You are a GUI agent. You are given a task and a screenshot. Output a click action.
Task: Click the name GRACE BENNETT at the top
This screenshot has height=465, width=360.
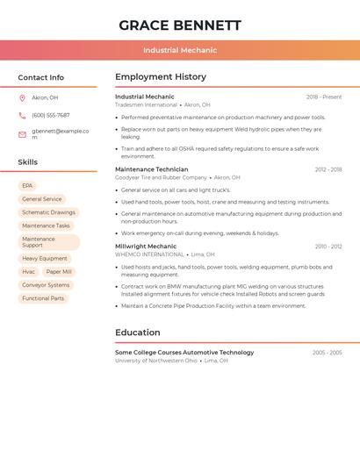(x=180, y=25)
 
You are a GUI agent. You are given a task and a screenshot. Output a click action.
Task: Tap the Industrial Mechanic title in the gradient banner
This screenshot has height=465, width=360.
(x=180, y=50)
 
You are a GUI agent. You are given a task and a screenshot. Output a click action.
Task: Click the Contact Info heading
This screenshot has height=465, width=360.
(x=41, y=77)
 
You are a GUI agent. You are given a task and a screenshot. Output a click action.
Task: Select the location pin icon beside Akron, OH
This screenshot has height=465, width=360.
(x=22, y=98)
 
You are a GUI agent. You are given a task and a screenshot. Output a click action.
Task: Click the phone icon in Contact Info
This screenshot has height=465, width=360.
(x=22, y=116)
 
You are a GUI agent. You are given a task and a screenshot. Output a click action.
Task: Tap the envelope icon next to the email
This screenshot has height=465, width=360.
(x=22, y=134)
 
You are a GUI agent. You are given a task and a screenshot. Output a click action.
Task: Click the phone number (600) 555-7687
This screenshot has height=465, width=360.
(x=51, y=116)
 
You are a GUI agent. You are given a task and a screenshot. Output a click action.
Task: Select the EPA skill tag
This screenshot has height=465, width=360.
(x=27, y=186)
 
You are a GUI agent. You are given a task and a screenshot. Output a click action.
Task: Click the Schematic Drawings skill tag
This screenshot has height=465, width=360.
(x=48, y=212)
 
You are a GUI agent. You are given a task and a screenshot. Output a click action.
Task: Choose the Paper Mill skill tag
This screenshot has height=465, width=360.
(x=59, y=272)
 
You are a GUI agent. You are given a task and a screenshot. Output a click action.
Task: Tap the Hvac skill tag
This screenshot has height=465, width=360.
(x=29, y=272)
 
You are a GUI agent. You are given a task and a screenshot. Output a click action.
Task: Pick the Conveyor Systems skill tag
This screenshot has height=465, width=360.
(x=46, y=285)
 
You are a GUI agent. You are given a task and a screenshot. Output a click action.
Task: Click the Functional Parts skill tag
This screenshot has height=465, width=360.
(x=43, y=298)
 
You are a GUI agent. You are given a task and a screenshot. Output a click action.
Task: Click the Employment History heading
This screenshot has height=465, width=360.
(x=161, y=77)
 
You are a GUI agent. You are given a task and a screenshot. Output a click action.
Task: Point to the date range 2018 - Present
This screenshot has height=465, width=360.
(x=324, y=97)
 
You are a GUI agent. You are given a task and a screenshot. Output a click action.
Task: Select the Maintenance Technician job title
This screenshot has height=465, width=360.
(x=151, y=169)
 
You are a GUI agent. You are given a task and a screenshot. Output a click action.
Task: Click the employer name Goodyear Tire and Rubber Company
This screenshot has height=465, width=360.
(x=161, y=177)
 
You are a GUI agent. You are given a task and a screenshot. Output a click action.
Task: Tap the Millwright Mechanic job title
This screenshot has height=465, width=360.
(x=146, y=247)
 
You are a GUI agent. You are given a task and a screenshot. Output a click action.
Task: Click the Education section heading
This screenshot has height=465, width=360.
(x=138, y=333)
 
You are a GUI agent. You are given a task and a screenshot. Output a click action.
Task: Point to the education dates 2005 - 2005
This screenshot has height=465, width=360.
(x=327, y=353)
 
